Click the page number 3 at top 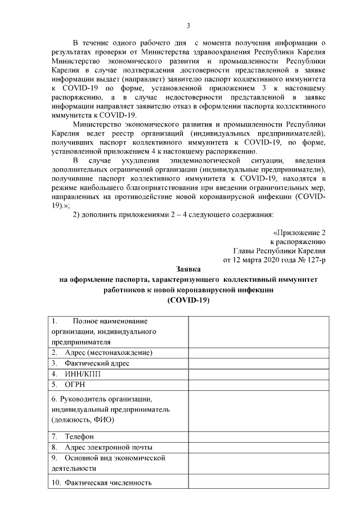(188, 25)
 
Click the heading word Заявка (188, 269)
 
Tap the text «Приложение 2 (299, 232)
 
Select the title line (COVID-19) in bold (188, 300)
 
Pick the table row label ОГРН (71, 384)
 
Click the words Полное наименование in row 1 (109, 321)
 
